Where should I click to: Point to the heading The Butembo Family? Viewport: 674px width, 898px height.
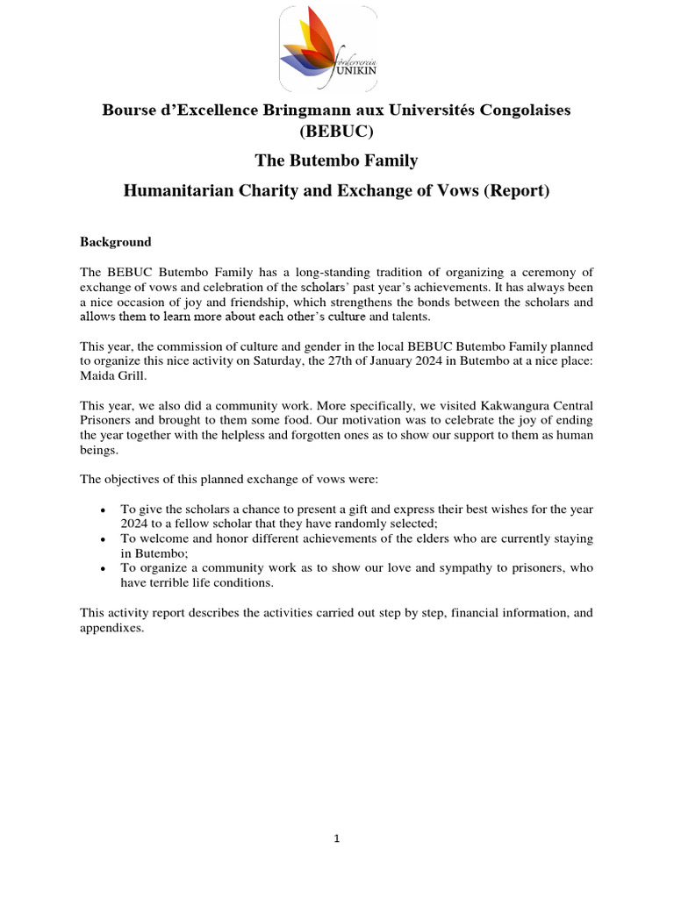click(x=336, y=161)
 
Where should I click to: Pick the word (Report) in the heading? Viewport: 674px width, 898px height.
click(x=518, y=191)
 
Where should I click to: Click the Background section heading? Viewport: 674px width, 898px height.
click(x=116, y=242)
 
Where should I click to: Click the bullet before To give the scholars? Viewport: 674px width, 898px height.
click(x=104, y=510)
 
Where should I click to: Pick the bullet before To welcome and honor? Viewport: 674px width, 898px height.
click(x=104, y=539)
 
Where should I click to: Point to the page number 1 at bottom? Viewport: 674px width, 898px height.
click(x=336, y=838)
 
